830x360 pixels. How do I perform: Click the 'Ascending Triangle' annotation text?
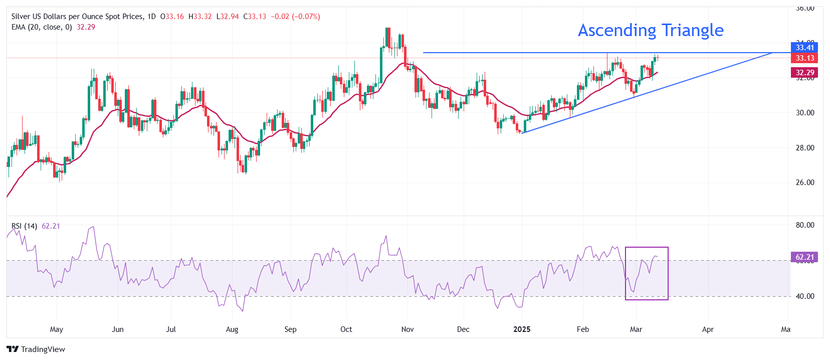click(651, 31)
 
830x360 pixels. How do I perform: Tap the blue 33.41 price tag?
click(804, 48)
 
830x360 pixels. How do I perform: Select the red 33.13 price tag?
click(804, 58)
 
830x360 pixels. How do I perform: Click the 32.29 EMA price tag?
click(804, 73)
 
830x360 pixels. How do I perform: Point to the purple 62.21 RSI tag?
click(804, 257)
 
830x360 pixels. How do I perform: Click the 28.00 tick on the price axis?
click(805, 148)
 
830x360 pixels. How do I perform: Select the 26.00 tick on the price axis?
click(805, 183)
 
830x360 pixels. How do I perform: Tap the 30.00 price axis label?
click(805, 113)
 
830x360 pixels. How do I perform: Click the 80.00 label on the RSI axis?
click(805, 225)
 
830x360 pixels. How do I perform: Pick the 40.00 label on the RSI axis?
click(805, 296)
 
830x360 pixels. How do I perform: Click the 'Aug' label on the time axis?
click(232, 329)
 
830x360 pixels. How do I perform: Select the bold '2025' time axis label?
click(522, 329)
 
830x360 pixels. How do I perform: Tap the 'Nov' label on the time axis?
click(407, 329)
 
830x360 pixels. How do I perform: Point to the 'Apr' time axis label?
click(708, 329)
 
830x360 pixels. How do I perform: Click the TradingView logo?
click(36, 349)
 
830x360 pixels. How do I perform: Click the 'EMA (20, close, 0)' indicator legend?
click(42, 27)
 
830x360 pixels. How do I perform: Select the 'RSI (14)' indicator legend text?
click(25, 226)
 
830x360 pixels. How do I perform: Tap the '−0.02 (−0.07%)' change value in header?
click(295, 17)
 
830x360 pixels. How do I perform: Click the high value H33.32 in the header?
click(200, 17)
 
